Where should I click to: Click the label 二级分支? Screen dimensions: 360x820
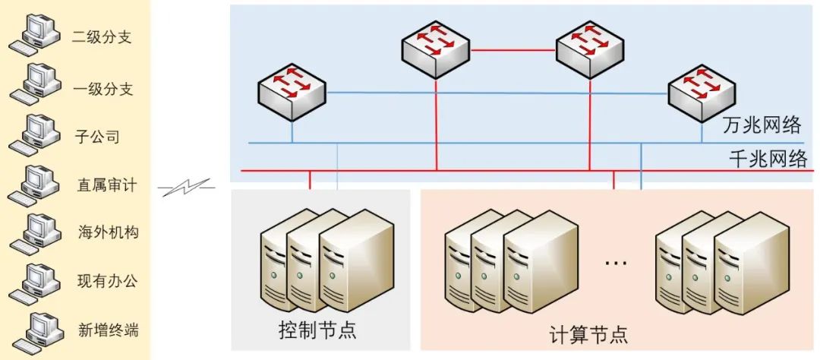point(102,36)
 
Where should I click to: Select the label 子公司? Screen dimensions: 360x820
point(98,137)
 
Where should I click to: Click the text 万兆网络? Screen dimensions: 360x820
point(762,125)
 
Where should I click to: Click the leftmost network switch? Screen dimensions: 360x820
point(291,92)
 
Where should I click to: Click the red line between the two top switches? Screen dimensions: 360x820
point(513,50)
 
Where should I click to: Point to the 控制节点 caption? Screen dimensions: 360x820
point(317,331)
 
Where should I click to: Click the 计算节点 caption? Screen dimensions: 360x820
point(588,333)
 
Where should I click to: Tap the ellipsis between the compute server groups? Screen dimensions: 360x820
point(616,263)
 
